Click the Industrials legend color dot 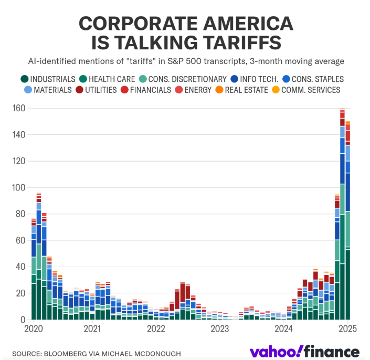point(24,79)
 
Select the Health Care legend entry point(105,79)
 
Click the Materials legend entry point(50,90)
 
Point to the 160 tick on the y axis point(19,108)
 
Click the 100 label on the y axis point(19,187)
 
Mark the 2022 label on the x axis point(156,329)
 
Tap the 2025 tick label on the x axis point(347,329)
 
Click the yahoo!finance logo point(304,352)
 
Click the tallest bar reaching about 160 point(342,210)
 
